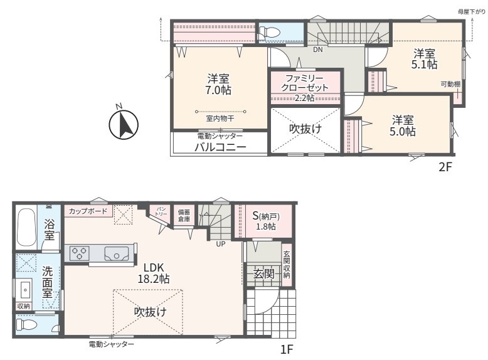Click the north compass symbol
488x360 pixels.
[124, 124]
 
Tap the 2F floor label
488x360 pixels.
[445, 167]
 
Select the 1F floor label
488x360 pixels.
[287, 350]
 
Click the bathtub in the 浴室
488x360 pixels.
[26, 228]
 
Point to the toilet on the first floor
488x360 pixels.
[27, 325]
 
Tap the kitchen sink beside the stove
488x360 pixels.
[117, 253]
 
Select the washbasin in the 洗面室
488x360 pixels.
[25, 290]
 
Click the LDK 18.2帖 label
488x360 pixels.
[154, 273]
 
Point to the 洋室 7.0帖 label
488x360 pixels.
[218, 84]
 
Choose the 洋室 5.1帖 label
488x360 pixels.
[425, 59]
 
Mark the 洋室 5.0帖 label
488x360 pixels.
[403, 125]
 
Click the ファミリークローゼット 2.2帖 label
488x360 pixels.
[305, 88]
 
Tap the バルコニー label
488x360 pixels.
[220, 147]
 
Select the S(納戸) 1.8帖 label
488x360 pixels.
[266, 221]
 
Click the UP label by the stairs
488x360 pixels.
[221, 244]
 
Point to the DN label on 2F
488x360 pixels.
[318, 50]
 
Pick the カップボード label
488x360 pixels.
[88, 211]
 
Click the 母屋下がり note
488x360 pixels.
[471, 12]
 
